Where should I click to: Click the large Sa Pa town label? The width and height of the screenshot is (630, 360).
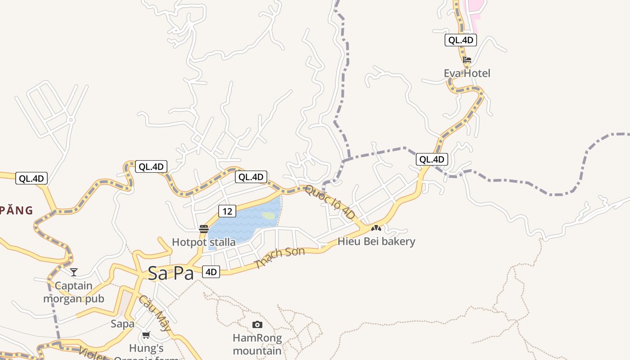(171, 273)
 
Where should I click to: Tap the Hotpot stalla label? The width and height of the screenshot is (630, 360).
(203, 242)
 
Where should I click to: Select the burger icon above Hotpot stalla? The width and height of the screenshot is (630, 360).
(203, 229)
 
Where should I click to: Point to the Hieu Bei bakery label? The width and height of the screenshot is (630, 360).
(376, 241)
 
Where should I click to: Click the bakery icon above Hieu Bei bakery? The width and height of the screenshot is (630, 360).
(376, 228)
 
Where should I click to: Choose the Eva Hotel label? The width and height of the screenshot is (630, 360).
(467, 73)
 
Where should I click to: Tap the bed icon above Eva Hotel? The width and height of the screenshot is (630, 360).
(467, 59)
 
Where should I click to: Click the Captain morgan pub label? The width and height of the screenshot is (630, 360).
(73, 292)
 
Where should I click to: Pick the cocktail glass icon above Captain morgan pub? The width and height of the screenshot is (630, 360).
(74, 272)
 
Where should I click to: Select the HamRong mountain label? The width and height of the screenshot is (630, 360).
(257, 344)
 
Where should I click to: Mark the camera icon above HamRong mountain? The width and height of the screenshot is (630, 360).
(257, 324)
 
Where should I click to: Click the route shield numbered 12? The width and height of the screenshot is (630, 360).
(227, 211)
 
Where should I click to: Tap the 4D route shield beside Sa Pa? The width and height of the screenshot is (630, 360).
(211, 272)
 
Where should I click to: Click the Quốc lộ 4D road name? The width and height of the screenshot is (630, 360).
(330, 203)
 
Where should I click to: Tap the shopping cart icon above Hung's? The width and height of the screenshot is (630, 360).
(146, 335)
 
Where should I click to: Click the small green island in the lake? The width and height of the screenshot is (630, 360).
(269, 216)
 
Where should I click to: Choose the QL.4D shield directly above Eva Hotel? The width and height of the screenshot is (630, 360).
(460, 40)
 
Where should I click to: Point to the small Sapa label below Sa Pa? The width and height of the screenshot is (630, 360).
(122, 324)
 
